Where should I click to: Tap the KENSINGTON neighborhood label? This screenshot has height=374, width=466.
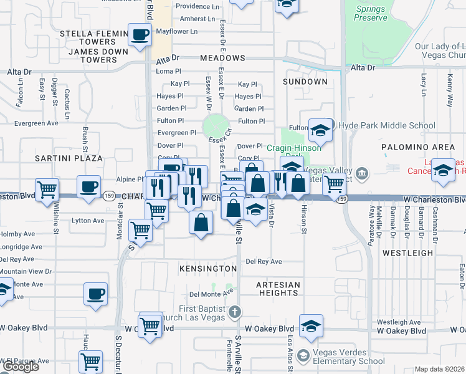[x=209, y=269]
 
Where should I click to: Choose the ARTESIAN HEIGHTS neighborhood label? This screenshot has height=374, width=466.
[x=278, y=289]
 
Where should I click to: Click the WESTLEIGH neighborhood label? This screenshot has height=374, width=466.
[x=407, y=253]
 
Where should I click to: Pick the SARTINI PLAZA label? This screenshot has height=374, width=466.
[x=69, y=158]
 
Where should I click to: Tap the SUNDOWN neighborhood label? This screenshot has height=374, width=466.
[x=305, y=82]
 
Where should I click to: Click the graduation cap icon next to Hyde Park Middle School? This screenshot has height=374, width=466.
[x=320, y=130]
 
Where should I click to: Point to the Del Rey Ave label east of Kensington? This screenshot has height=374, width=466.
[x=260, y=261]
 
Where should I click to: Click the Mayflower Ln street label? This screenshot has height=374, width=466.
[x=176, y=31]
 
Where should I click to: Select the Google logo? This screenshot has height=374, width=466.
[x=20, y=367]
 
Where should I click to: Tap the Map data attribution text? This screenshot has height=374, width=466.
[x=440, y=369]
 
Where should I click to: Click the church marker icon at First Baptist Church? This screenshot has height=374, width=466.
[x=234, y=310]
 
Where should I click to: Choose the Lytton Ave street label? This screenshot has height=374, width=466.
[x=88, y=221]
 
